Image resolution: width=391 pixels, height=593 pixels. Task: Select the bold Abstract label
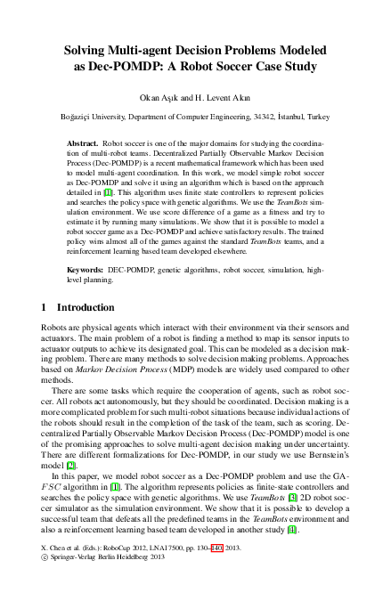coord(84,142)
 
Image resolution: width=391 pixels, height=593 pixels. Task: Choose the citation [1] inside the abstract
coord(108,191)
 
